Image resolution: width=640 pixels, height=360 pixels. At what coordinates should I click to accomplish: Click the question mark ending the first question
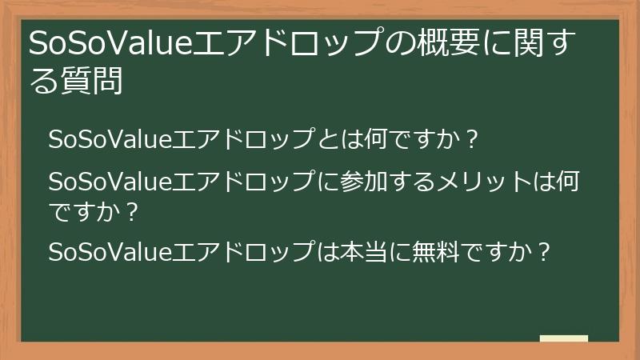[x=471, y=139]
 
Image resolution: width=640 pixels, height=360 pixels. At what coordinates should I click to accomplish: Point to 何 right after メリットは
[x=567, y=182]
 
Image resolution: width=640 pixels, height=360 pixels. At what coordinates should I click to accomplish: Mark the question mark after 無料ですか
[x=543, y=252]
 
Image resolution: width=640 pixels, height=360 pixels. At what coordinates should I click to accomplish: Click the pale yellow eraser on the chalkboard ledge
[x=563, y=338]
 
